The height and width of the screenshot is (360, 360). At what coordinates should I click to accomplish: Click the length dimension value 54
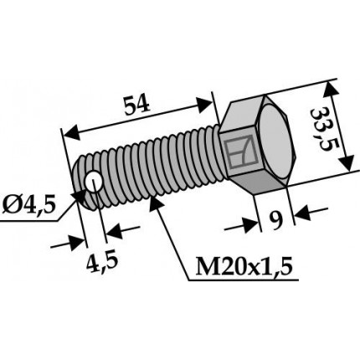[137, 105]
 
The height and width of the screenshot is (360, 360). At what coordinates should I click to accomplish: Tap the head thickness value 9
[276, 220]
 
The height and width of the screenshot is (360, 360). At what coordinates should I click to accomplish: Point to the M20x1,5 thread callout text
[244, 266]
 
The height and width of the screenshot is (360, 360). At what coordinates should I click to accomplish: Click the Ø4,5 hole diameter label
[28, 206]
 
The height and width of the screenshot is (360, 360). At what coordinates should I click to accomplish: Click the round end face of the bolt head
[275, 141]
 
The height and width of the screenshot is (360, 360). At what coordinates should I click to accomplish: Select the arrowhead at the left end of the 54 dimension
[72, 133]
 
